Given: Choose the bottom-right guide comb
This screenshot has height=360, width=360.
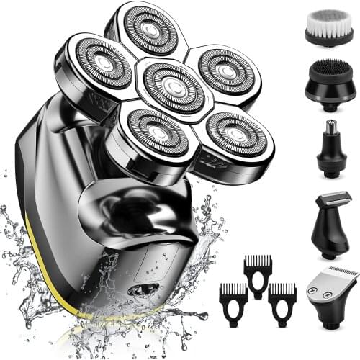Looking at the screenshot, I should coord(282,302).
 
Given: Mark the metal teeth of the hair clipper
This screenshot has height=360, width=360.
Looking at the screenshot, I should coord(338,274).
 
